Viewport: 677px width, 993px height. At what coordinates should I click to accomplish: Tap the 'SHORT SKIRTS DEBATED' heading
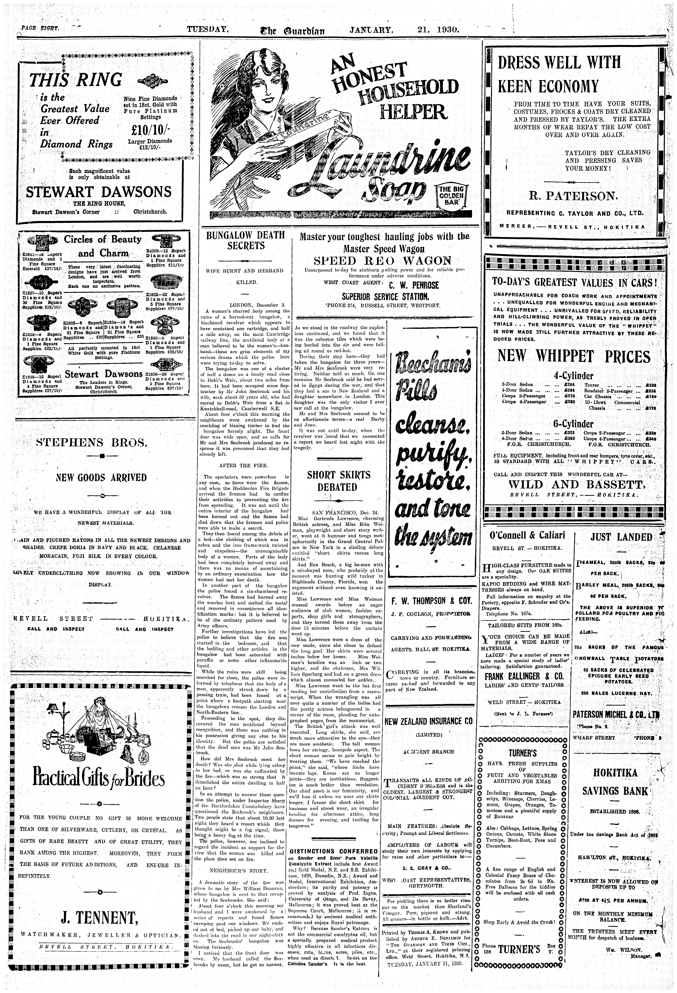tap(339, 481)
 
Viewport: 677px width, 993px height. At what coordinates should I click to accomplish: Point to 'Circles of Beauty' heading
tap(103, 239)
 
